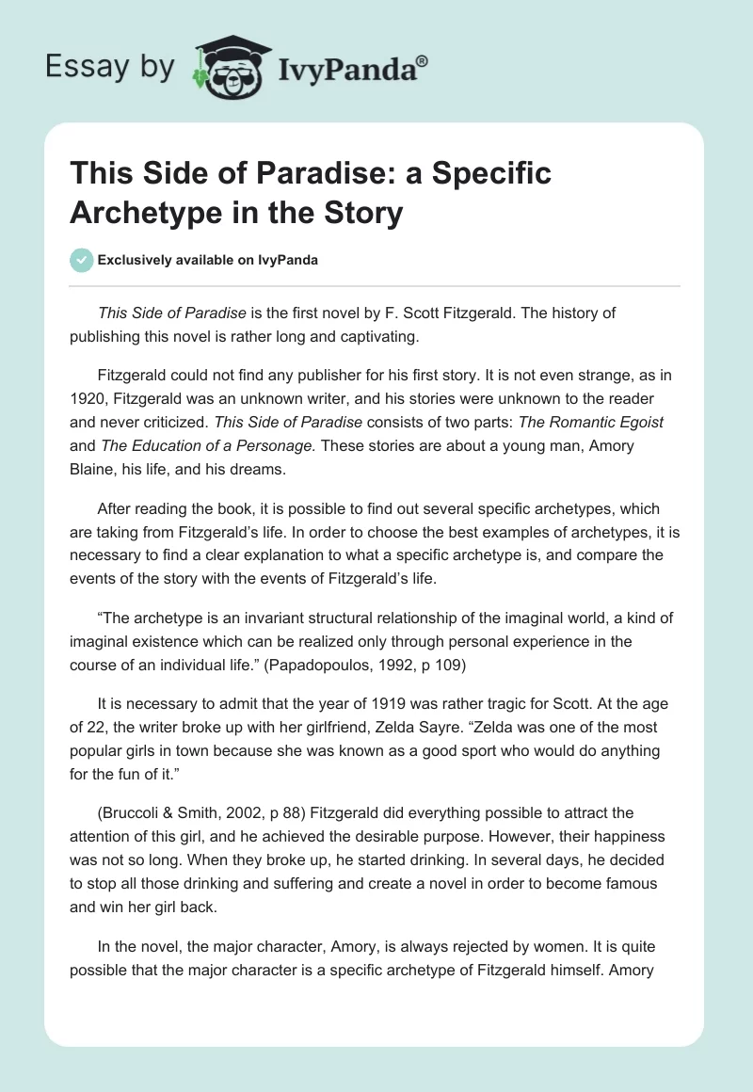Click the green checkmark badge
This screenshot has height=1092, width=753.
[82, 260]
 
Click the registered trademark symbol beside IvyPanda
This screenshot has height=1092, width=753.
[423, 59]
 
